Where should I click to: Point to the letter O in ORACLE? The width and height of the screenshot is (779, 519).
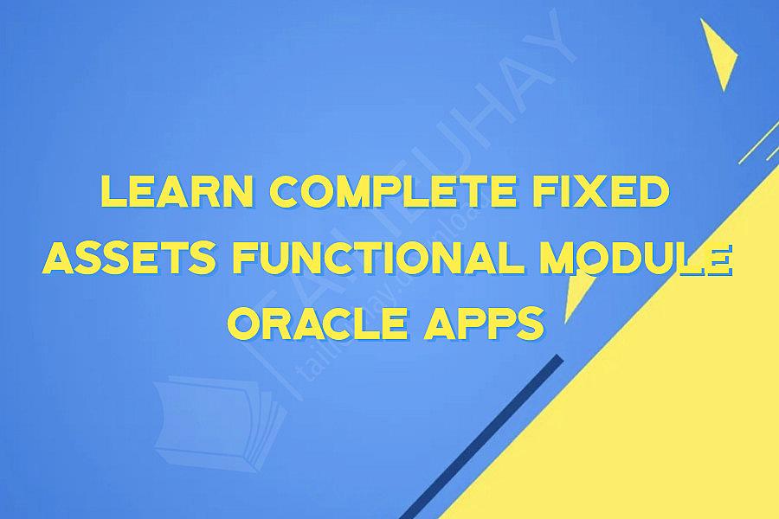point(249,325)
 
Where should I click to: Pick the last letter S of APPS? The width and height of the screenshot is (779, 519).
point(533,325)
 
